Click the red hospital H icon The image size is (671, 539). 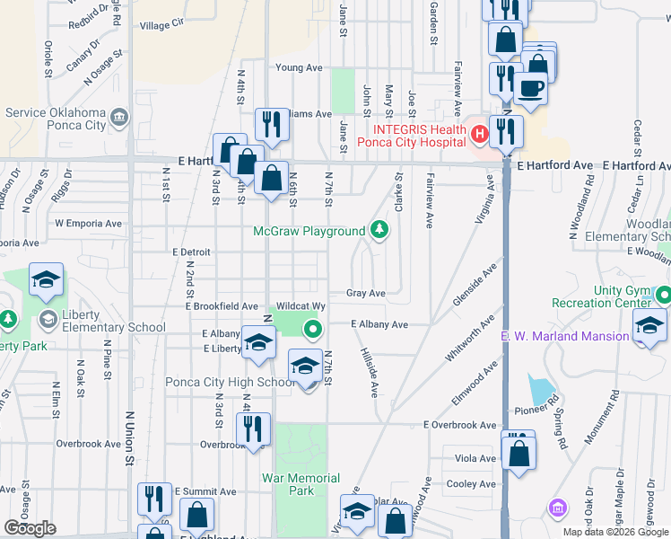(478, 135)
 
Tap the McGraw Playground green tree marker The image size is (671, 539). (380, 231)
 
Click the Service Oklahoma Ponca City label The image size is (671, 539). (56, 119)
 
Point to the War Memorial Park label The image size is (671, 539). (301, 484)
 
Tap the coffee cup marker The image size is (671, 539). (529, 90)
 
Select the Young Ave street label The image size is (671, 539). (299, 67)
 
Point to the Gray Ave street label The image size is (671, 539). (366, 293)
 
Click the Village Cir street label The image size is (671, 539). (161, 25)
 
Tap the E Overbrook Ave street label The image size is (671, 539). (460, 425)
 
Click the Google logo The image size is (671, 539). (30, 528)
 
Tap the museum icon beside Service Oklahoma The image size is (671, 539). (118, 117)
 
